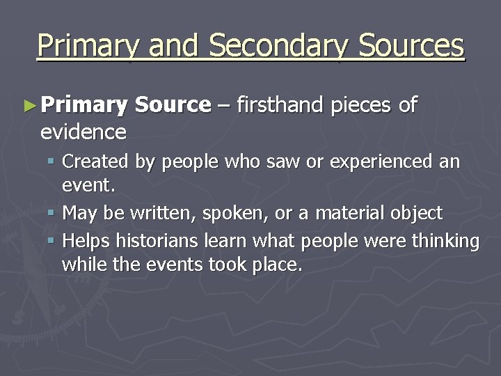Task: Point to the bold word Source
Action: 173,105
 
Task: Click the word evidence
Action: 83,131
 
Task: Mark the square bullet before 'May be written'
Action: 53,212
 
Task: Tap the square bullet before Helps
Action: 53,241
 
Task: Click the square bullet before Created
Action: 53,162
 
